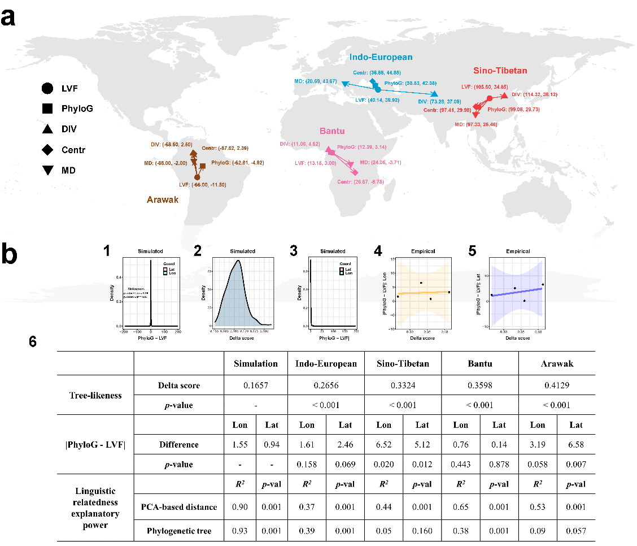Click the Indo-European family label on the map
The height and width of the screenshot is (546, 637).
coord(381,57)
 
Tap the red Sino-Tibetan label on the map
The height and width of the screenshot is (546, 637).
coord(500,71)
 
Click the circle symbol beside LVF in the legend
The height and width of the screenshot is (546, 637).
coord(47,88)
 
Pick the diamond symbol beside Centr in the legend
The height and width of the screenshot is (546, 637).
coord(47,150)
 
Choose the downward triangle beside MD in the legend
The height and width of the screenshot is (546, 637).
coord(47,170)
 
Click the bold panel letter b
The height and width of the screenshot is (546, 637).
coord(12,255)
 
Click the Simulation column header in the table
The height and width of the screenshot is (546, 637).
coord(256,363)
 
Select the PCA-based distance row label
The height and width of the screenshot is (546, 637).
coord(178,507)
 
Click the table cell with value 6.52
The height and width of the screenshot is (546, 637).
coord(383,444)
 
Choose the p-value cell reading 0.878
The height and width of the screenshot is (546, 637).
coord(499,465)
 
